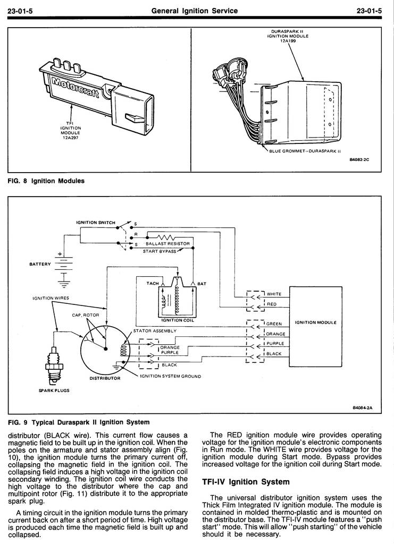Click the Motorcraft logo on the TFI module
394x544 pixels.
(x=75, y=87)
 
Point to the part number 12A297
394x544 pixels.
(x=71, y=138)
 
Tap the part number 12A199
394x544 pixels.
(x=288, y=41)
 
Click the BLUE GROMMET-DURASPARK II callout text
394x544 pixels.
(x=305, y=151)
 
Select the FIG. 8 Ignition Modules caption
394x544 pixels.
(x=46, y=181)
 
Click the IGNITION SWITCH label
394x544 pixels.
(x=96, y=223)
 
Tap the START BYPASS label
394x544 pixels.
(x=160, y=251)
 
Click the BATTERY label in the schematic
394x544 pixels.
(x=40, y=265)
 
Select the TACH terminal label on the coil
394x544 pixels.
(x=153, y=284)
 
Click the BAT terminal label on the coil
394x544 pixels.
(x=202, y=284)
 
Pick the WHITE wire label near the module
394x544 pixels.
(x=274, y=294)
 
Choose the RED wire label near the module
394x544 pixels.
(x=272, y=304)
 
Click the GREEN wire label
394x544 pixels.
(x=274, y=324)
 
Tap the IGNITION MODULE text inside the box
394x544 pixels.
(x=315, y=322)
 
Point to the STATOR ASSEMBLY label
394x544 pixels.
(x=155, y=331)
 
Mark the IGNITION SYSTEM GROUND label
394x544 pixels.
(x=171, y=376)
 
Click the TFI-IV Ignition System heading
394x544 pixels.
(x=246, y=482)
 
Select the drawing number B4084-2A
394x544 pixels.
(x=363, y=407)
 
